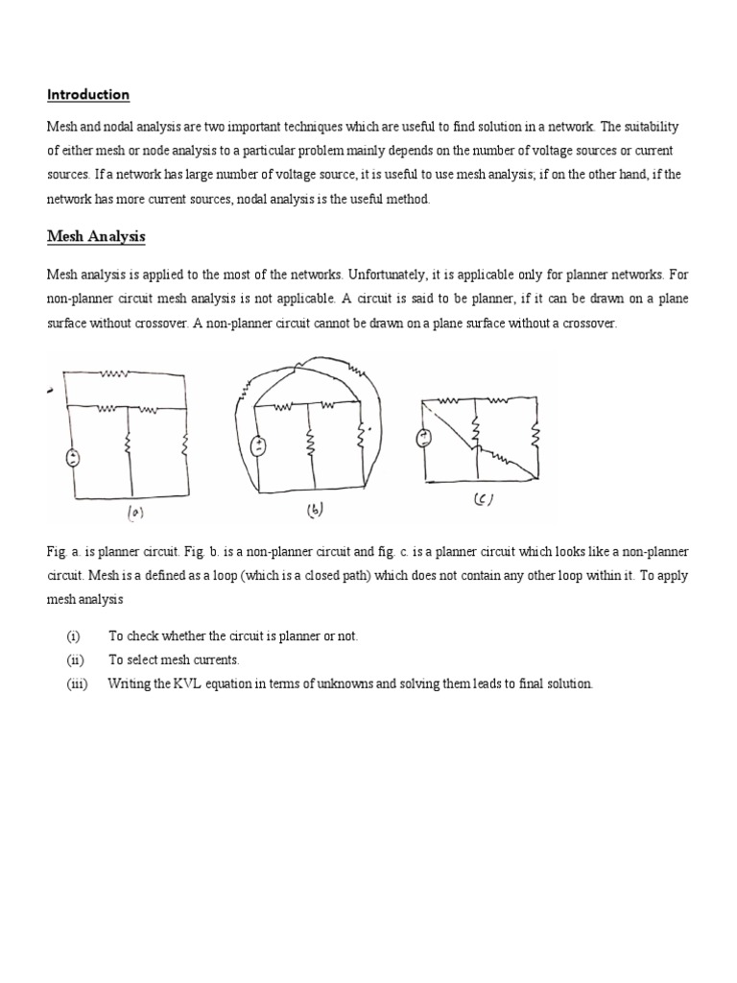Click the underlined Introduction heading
coord(88,94)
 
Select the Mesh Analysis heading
coord(96,236)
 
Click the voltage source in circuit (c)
coord(421,439)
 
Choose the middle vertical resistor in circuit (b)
coord(310,444)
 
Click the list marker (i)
coord(73,636)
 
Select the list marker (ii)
coord(74,660)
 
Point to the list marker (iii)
coord(76,683)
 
